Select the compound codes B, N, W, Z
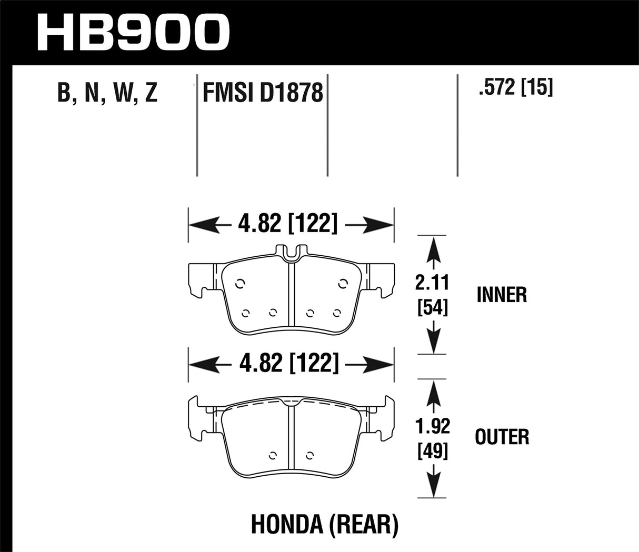pyautogui.click(x=107, y=93)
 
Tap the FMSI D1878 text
pyautogui.click(x=262, y=93)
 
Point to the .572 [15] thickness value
pyautogui.click(x=515, y=88)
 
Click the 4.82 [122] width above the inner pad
pyautogui.click(x=287, y=225)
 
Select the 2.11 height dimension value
pyautogui.click(x=432, y=283)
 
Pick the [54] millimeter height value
pyautogui.click(x=432, y=307)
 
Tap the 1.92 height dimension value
pyautogui.click(x=432, y=426)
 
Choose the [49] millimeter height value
pyautogui.click(x=432, y=450)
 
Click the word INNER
pyautogui.click(x=502, y=295)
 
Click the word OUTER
pyautogui.click(x=502, y=437)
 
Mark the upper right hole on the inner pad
pyautogui.click(x=343, y=284)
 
